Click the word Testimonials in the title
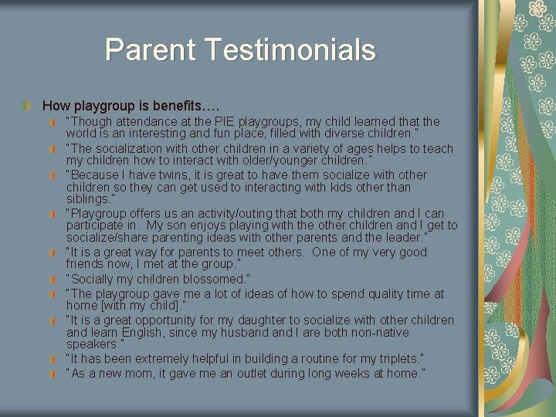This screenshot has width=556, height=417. click(x=293, y=50)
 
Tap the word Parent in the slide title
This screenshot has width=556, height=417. click(x=151, y=50)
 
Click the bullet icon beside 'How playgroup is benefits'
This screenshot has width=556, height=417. click(x=28, y=103)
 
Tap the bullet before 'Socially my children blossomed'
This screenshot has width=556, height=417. click(x=53, y=279)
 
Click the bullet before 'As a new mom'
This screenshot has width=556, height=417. click(x=53, y=375)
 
